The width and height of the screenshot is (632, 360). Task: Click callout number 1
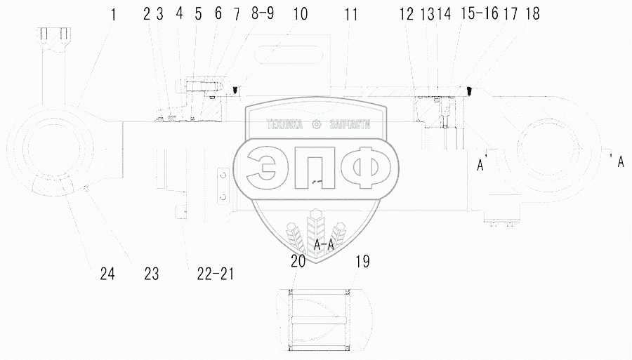coord(113,15)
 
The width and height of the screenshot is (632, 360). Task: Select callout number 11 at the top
coord(350,15)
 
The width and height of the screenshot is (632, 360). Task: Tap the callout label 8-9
coord(263,13)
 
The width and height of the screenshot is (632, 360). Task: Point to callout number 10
coord(301,14)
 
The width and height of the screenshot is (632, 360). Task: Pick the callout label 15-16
coord(479,13)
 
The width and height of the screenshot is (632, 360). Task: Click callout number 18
coord(532,14)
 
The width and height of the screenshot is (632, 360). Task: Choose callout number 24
coord(107,274)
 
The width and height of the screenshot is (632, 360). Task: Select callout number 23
coord(152,274)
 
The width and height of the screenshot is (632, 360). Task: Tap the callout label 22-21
coord(216,274)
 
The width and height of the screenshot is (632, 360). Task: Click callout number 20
coord(298,261)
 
